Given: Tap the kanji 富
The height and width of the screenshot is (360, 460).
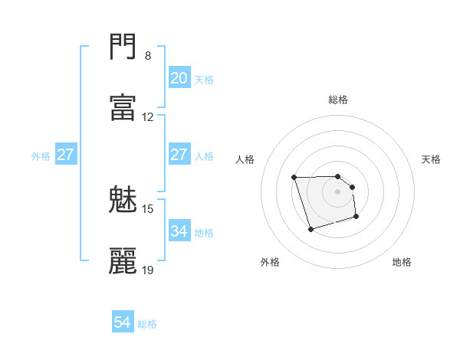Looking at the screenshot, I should click(x=123, y=108).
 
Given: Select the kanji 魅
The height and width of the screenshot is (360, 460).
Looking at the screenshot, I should click(x=123, y=201).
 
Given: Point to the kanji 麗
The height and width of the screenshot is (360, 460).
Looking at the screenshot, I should click(x=123, y=260).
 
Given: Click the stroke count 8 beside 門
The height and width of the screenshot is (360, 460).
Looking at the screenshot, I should click(x=148, y=56).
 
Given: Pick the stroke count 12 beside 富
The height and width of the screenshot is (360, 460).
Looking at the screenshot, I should click(x=148, y=117).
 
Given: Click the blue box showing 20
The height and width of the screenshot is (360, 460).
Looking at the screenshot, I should click(x=179, y=77).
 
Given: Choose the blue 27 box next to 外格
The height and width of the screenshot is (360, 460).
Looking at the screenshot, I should click(x=65, y=155).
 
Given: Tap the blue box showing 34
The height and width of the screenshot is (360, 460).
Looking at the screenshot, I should click(x=179, y=231).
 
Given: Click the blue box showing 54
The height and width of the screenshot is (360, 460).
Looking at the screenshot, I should click(x=123, y=322).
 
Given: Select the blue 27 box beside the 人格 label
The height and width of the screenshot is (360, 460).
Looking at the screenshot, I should click(x=179, y=155).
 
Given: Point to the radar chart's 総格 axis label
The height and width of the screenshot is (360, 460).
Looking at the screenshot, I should click(x=338, y=100).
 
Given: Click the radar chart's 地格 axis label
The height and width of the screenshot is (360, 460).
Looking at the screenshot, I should click(x=402, y=262).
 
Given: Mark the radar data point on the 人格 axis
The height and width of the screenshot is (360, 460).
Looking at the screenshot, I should click(x=294, y=178).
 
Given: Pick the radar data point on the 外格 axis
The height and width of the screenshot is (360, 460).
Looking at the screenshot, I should click(x=310, y=229).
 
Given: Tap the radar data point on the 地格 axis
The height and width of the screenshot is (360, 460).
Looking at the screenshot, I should click(x=357, y=218).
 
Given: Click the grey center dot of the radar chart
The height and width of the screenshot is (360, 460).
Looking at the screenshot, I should click(x=338, y=191).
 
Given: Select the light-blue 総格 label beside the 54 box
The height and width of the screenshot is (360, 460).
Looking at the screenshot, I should click(x=147, y=324).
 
